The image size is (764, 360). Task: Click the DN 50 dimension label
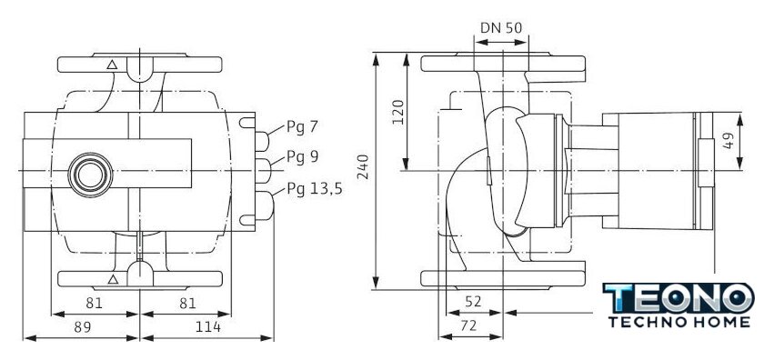(x=501, y=28)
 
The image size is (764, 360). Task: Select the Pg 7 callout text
(x=302, y=127)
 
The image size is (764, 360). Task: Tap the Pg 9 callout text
(x=303, y=157)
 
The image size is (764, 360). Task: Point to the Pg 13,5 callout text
(x=315, y=188)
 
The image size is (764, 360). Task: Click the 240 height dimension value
(x=364, y=166)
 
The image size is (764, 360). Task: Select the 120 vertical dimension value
(x=398, y=112)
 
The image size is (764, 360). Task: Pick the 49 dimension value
(x=729, y=141)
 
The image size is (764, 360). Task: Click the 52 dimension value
(x=473, y=302)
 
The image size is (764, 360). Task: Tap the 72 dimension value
(x=468, y=325)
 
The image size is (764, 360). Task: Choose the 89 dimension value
(x=83, y=327)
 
